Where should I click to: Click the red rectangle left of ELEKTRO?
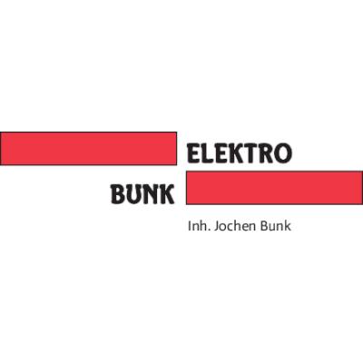(x=88, y=149)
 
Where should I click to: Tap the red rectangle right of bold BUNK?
(x=274, y=188)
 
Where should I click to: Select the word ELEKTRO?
(x=240, y=152)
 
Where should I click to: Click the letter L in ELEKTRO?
(x=207, y=153)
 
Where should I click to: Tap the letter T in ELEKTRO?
(x=250, y=153)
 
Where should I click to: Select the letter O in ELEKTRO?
(x=283, y=153)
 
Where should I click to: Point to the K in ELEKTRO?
(x=235, y=153)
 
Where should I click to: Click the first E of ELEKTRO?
(x=194, y=153)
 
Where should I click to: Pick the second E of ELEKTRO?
(x=220, y=153)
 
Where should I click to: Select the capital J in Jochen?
(x=216, y=227)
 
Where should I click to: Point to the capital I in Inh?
(x=190, y=226)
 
